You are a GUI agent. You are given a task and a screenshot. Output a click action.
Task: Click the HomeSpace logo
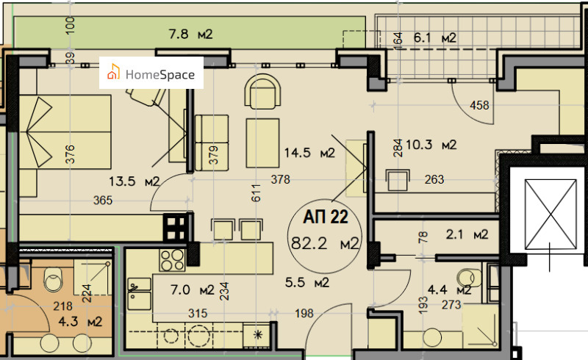[x=151, y=73]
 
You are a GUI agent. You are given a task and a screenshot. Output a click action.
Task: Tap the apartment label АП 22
[x=326, y=217]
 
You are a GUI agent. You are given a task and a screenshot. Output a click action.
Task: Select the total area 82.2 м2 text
[x=325, y=244]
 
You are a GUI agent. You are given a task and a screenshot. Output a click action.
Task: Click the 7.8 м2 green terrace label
[x=190, y=35]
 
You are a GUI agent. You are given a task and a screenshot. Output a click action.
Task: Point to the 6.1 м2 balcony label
[x=435, y=38]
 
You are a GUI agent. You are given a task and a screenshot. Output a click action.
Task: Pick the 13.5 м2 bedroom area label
[x=135, y=181]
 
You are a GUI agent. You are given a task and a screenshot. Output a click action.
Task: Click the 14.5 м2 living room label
[x=309, y=153]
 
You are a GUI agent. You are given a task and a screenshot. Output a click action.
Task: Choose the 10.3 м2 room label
[x=431, y=145]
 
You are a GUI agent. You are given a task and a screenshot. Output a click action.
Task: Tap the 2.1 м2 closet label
[x=467, y=235]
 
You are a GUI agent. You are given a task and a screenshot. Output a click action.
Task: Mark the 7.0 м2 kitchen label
[x=192, y=290]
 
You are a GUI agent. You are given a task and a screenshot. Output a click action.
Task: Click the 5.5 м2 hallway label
[x=307, y=282]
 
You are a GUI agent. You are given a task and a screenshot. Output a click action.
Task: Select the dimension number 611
[x=256, y=193]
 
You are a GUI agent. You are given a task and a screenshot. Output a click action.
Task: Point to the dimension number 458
[x=479, y=105]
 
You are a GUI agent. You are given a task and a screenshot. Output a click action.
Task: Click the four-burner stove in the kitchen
[x=172, y=260]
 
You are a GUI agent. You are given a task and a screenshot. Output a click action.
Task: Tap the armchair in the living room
[x=262, y=91]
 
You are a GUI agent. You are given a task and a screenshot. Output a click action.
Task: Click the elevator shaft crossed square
[x=551, y=214]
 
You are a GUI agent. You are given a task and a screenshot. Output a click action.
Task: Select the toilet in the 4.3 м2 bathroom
[x=53, y=280]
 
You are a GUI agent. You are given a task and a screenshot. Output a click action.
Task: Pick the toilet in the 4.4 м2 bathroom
[x=469, y=278]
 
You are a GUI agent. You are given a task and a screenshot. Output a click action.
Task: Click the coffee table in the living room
[x=262, y=143]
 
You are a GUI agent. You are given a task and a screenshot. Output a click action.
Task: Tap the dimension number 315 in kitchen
[x=198, y=313]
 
